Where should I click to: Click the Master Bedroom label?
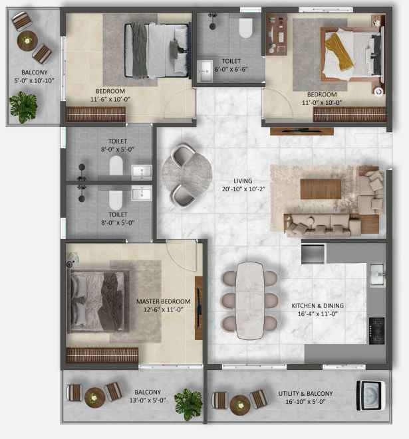click(x=163, y=302)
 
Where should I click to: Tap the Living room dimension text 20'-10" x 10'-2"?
click(x=243, y=189)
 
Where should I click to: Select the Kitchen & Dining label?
click(x=317, y=306)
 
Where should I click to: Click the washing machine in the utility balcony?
click(x=370, y=395)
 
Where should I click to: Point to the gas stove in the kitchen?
click(x=377, y=331)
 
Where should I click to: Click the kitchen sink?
click(x=377, y=275)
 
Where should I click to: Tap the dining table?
click(x=250, y=301)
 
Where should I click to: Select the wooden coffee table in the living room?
click(x=321, y=189)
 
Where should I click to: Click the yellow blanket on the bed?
click(x=339, y=51)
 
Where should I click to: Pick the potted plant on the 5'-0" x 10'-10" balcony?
click(x=23, y=107)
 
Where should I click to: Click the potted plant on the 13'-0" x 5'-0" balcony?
click(x=188, y=404)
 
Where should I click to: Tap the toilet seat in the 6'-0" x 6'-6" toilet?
click(x=246, y=28)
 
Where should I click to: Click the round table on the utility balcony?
click(x=240, y=405)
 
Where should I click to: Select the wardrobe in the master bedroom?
click(x=102, y=355)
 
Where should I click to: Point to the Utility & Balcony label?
click(x=305, y=393)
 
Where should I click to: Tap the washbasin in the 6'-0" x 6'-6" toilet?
click(x=205, y=71)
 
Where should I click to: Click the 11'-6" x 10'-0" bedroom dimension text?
click(x=110, y=99)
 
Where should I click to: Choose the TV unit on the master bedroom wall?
click(x=199, y=308)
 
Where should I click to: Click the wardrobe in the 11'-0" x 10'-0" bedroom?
click(x=350, y=114)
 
